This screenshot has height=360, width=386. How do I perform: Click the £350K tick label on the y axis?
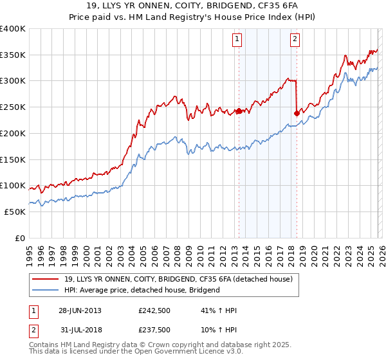(x=13, y=55)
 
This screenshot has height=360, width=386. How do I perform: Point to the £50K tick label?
(x=15, y=212)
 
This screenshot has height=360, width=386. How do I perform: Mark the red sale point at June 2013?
(x=239, y=111)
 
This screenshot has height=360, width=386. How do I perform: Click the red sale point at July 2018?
(x=297, y=114)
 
